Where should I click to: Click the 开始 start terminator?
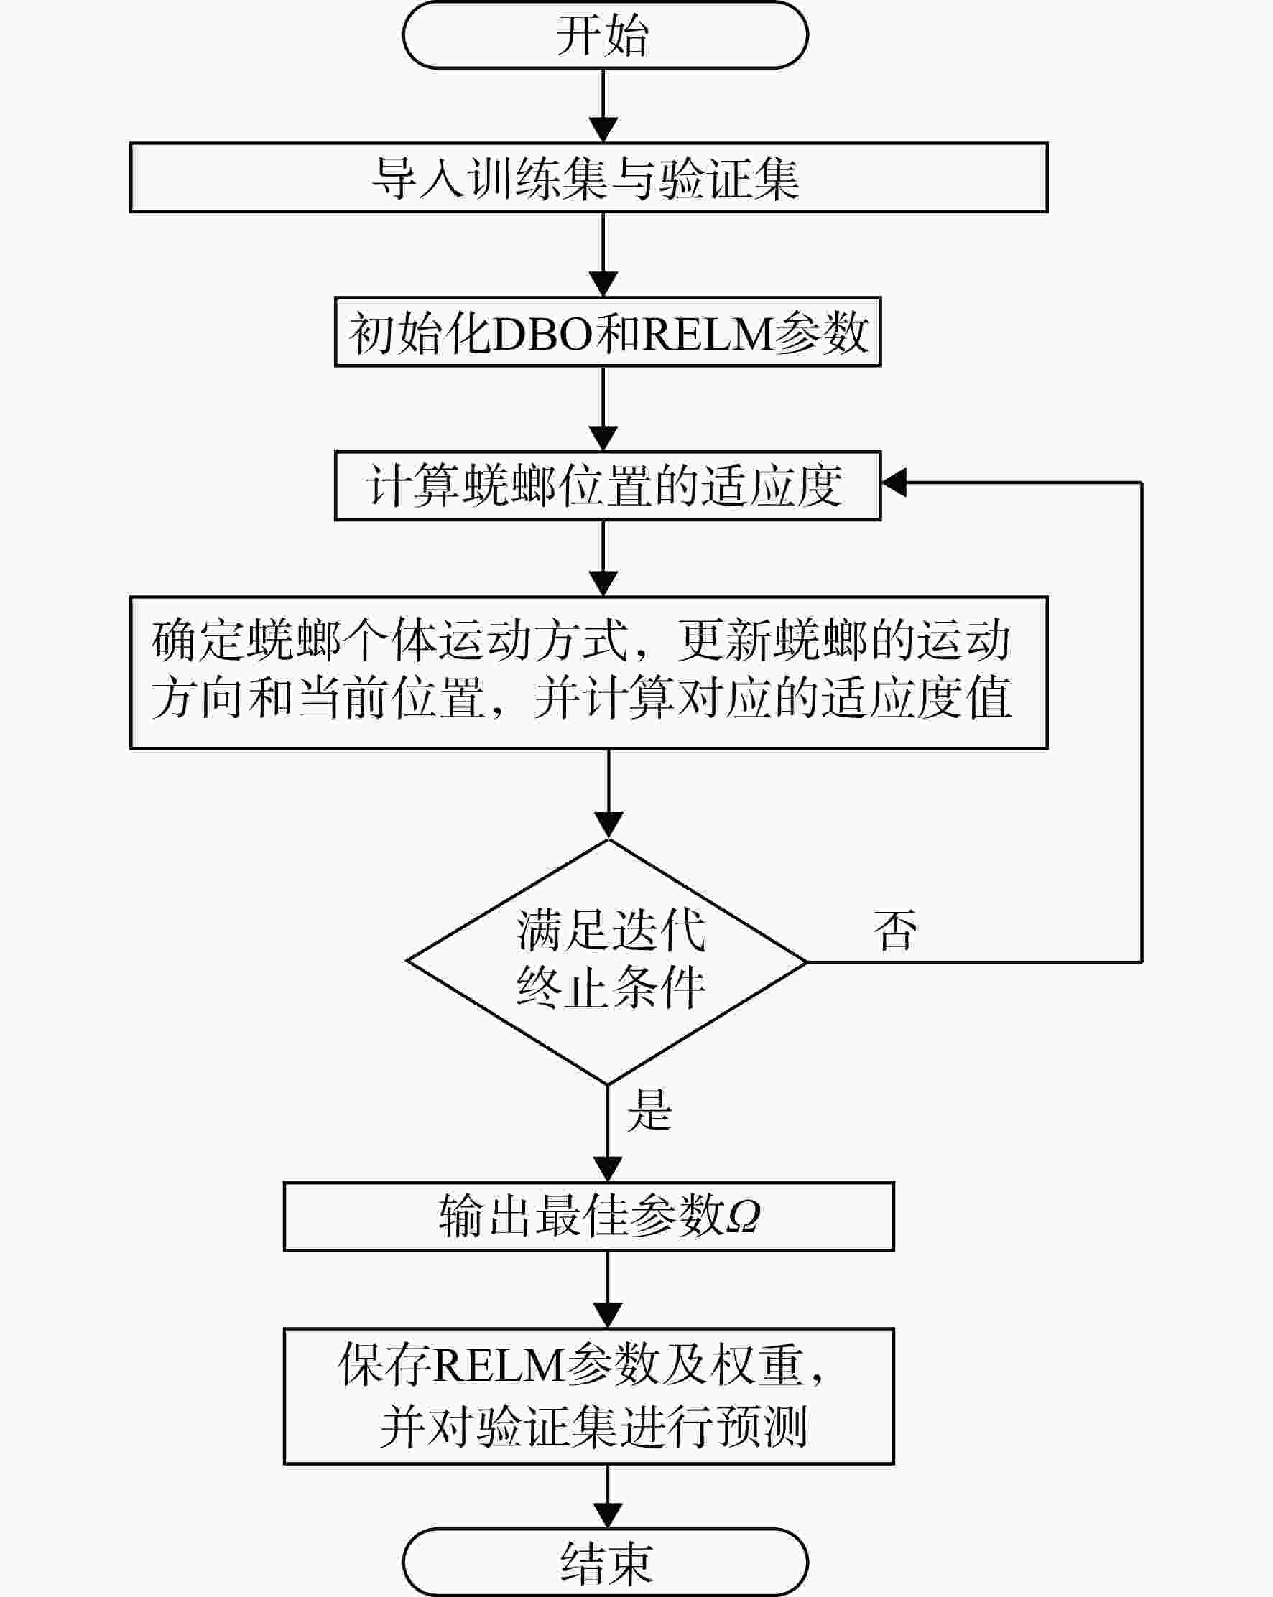tap(605, 34)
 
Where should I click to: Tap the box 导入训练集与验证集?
tap(588, 178)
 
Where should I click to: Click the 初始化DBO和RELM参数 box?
tap(608, 332)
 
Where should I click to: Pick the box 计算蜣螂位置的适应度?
tap(608, 486)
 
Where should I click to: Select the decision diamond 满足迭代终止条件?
tap(608, 962)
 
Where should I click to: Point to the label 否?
tap(895, 931)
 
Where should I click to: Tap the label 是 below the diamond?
tap(650, 1109)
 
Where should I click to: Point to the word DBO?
tap(542, 333)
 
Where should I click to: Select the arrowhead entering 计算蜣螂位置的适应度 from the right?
tap(894, 483)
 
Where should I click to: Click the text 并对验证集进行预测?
tap(593, 1427)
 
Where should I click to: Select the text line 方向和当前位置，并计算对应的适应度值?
tap(582, 698)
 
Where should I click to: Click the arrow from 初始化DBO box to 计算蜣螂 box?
tap(603, 408)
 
